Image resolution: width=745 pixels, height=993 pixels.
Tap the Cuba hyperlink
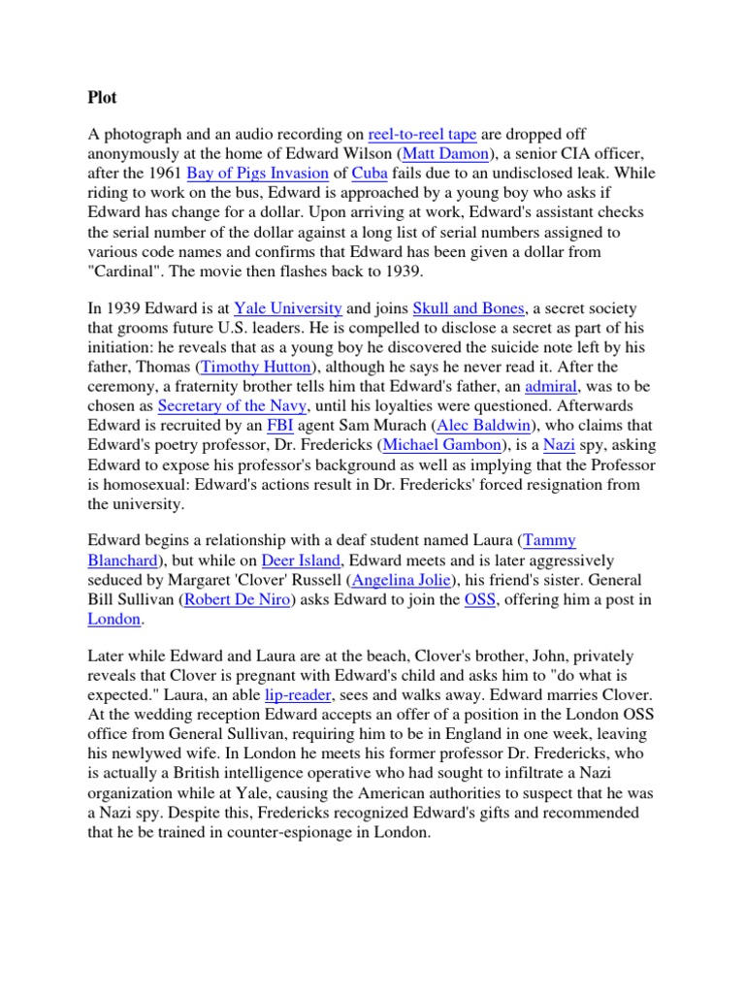(x=370, y=173)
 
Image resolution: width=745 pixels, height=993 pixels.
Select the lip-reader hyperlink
(x=301, y=696)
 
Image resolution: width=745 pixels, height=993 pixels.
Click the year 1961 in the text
(x=165, y=173)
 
